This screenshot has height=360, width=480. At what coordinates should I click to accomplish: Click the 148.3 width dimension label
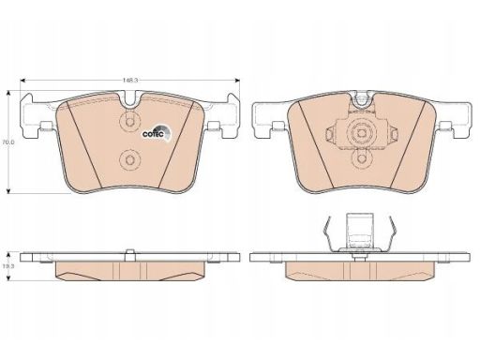(130, 81)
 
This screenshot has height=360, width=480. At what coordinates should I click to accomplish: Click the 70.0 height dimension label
(7, 142)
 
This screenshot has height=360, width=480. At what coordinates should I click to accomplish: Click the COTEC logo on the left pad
(157, 133)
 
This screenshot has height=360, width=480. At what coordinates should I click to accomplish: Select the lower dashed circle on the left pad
(129, 159)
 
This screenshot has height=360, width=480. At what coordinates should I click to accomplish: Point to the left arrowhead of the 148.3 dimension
(22, 81)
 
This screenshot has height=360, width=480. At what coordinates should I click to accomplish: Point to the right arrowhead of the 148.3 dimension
(237, 81)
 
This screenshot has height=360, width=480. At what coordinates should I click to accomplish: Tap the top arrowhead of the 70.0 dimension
(8, 93)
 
